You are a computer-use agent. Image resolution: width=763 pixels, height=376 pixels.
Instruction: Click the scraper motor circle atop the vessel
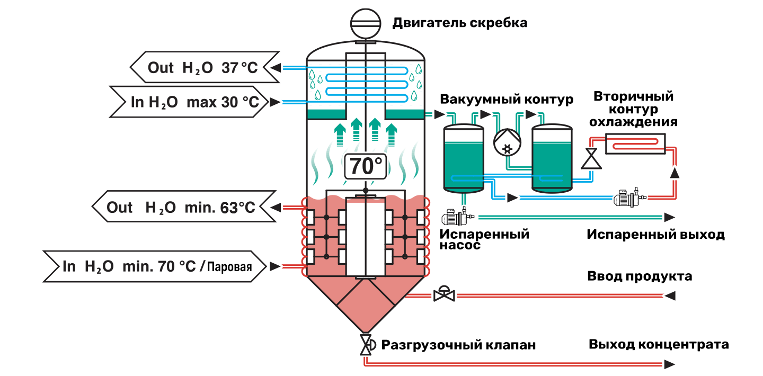click(366, 23)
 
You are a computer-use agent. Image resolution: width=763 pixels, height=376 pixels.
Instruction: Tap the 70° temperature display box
click(366, 166)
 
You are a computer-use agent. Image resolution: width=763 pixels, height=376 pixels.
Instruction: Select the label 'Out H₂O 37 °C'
click(202, 67)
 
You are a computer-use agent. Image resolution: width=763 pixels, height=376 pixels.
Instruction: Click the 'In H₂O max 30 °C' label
click(195, 102)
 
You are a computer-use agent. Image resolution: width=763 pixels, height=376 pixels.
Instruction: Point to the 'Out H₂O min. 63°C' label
click(181, 208)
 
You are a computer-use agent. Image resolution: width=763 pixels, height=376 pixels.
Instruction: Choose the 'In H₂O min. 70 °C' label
click(129, 266)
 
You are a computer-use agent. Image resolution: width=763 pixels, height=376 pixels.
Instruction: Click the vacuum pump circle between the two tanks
click(507, 142)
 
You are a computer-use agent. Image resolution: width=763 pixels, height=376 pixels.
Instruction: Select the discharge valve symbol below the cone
click(367, 345)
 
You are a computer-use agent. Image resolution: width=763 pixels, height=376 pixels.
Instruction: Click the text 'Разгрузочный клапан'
click(458, 345)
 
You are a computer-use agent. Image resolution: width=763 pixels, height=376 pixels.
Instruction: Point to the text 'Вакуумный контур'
click(507, 99)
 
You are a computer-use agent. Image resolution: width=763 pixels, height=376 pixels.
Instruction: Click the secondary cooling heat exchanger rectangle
click(635, 144)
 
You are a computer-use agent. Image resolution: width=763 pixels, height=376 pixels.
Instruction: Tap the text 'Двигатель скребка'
click(460, 23)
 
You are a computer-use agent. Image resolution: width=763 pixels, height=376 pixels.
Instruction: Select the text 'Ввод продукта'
click(640, 276)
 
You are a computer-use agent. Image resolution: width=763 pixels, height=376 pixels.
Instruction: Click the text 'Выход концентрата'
click(659, 344)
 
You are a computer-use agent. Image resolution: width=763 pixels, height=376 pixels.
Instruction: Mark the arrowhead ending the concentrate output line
click(669, 364)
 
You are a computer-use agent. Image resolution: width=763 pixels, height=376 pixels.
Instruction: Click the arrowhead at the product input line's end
click(670, 296)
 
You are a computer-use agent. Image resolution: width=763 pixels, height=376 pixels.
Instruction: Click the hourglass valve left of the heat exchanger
click(591, 158)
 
